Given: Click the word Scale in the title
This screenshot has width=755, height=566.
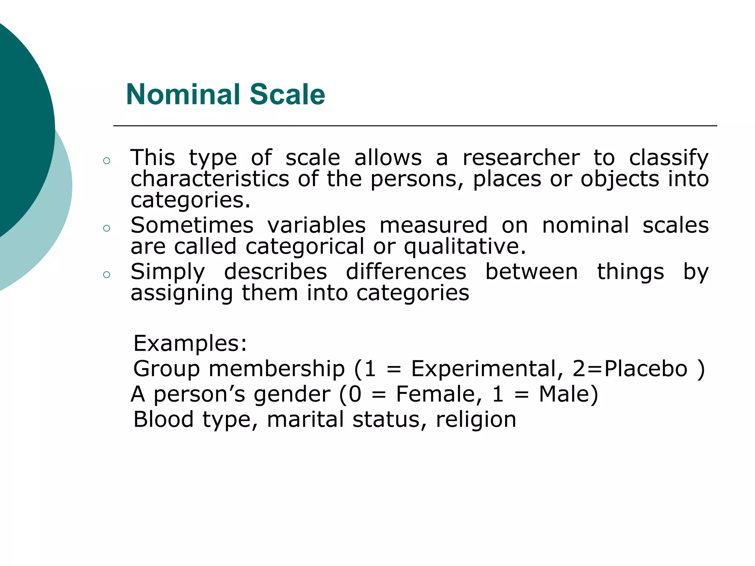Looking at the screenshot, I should tap(287, 94).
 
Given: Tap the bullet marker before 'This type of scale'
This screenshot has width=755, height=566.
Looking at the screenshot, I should tap(107, 161).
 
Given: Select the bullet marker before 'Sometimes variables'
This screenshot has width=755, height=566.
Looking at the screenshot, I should tap(107, 228).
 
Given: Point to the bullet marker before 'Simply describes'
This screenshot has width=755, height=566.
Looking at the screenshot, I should tap(107, 275).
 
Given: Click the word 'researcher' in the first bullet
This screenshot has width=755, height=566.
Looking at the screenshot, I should tap(521, 158).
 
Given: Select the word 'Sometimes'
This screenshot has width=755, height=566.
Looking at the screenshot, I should tap(192, 225).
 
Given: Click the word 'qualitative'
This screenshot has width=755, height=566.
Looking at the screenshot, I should tap(462, 247).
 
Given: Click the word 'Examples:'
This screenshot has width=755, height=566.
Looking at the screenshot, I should tap(190, 343).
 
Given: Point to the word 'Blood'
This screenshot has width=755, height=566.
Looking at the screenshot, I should tap(163, 419).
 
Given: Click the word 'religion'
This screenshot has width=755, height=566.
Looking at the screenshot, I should tap(476, 420).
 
